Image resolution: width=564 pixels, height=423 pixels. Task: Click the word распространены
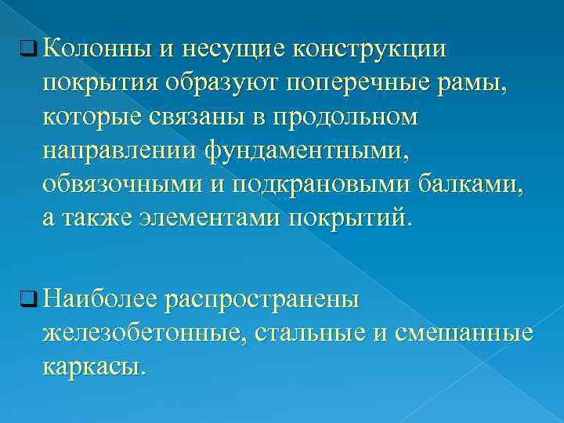[x=262, y=298]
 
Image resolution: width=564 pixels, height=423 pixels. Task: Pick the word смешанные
[x=457, y=332]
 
